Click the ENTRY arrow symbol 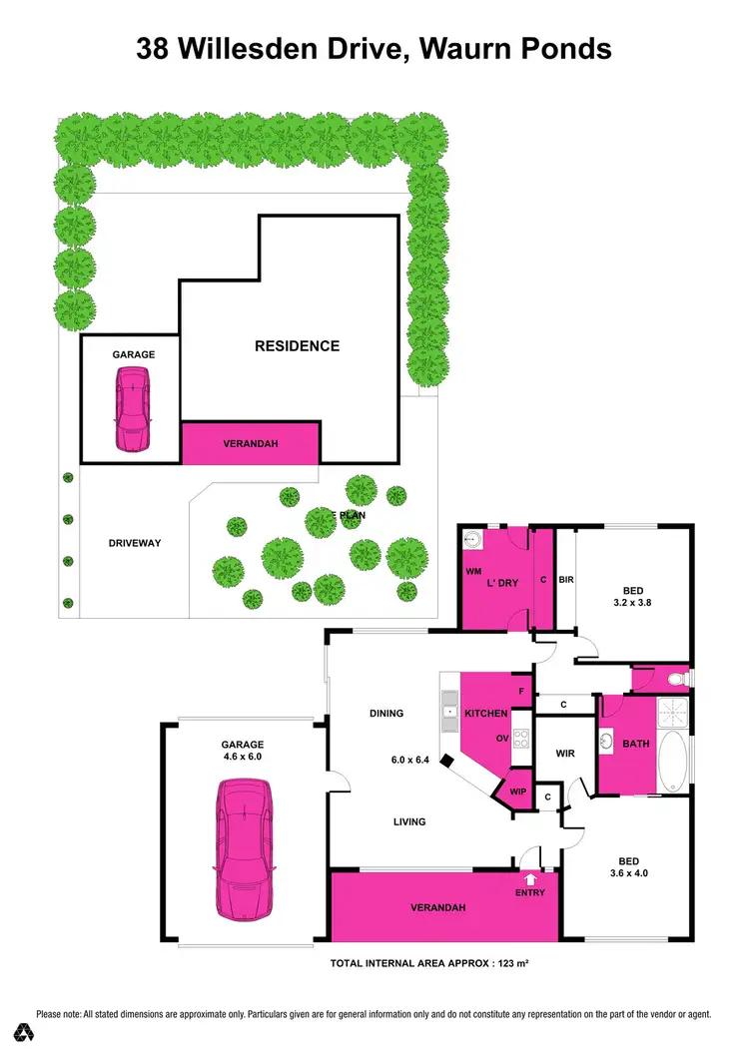click(530, 878)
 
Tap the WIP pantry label click(517, 792)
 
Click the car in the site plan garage click(132, 409)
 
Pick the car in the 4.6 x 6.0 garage click(244, 850)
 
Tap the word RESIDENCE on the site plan click(297, 346)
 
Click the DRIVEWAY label click(135, 543)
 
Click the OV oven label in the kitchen click(503, 740)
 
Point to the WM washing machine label click(473, 571)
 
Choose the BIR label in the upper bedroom click(565, 579)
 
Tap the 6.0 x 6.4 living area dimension click(409, 760)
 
